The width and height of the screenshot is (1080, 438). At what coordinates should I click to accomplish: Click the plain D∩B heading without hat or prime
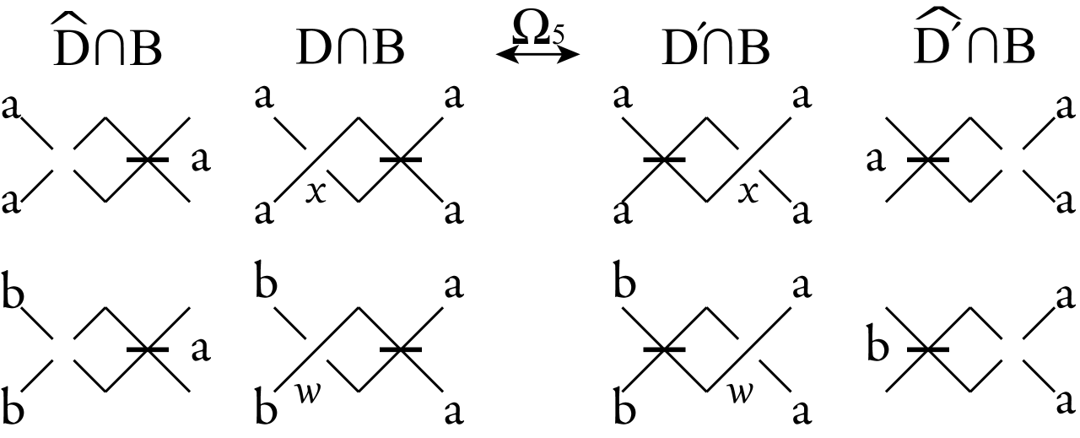pos(350,51)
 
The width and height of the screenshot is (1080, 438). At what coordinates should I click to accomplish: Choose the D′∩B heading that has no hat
pos(715,51)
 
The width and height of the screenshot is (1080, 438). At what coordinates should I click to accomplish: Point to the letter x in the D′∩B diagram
pos(745,192)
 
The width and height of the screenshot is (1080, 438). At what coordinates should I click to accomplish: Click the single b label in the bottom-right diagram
pos(877,348)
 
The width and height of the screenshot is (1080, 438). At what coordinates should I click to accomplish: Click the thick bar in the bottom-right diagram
pos(927,349)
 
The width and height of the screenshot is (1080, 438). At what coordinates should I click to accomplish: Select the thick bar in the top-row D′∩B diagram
pos(664,159)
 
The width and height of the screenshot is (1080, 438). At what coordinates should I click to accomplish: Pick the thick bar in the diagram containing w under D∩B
pos(401,349)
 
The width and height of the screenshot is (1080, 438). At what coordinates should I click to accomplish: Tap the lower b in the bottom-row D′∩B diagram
pos(625,408)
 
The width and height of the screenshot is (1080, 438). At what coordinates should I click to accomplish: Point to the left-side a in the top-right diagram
pos(877,160)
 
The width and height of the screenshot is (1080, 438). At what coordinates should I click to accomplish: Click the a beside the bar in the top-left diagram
pos(200,160)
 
